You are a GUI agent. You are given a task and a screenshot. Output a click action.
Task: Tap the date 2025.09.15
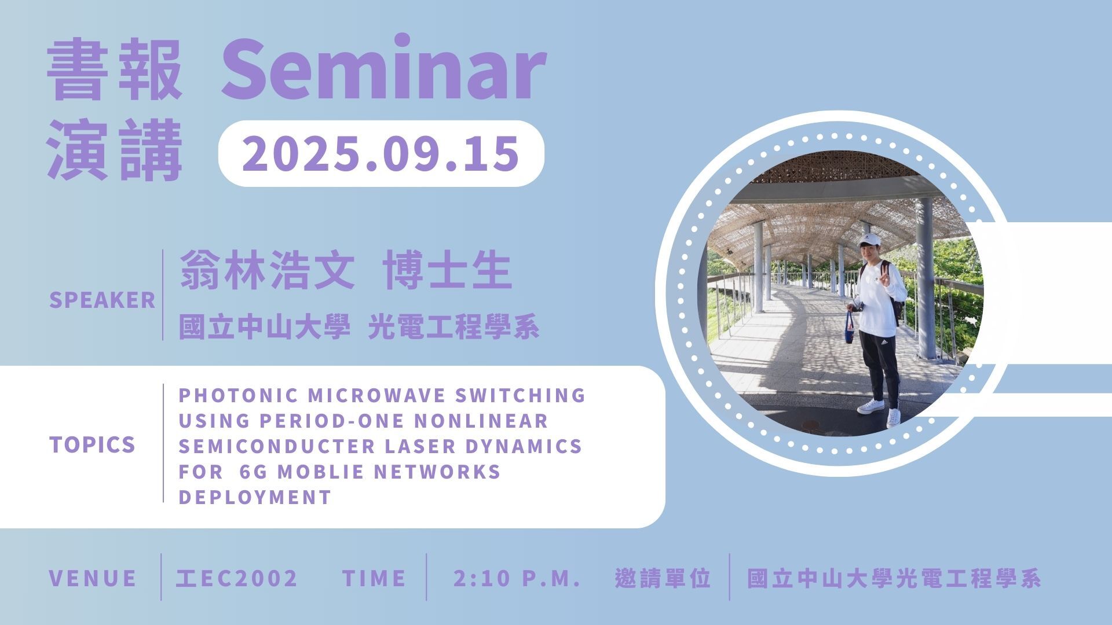(381, 153)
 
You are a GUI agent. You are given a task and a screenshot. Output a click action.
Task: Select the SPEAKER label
(103, 300)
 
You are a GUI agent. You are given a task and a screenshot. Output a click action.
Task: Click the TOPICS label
(93, 444)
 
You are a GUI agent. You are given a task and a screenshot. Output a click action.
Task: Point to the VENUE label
(93, 578)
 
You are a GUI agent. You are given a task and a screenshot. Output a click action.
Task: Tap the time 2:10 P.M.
(517, 578)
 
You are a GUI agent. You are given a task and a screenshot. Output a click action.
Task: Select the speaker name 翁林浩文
(267, 270)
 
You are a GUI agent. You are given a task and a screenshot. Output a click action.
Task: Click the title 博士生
(448, 270)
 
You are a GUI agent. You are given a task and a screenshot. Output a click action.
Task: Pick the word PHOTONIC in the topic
(238, 395)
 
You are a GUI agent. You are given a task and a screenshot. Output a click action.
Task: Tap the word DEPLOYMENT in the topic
(255, 497)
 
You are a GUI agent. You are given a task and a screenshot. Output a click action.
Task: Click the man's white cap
(869, 240)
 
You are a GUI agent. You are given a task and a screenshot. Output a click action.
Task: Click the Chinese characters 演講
(115, 150)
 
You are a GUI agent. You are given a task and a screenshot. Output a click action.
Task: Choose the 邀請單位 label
(663, 578)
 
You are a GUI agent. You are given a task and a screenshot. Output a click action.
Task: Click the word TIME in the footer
(374, 578)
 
